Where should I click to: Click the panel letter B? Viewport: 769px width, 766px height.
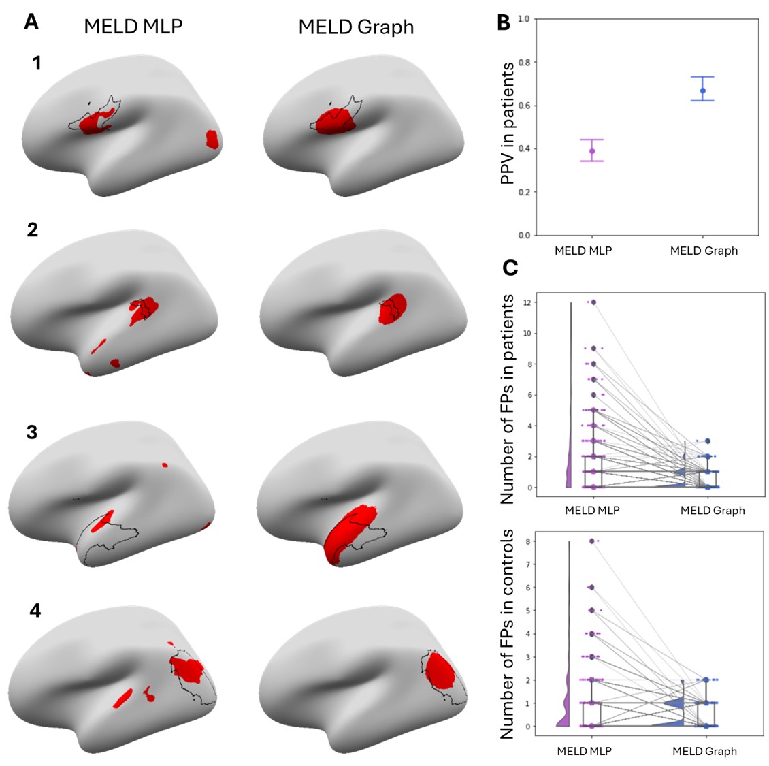point(504,22)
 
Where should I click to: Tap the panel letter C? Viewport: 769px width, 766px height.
point(510,268)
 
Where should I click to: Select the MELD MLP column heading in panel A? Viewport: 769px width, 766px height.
point(133,27)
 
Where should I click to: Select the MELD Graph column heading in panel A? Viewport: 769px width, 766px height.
point(356,27)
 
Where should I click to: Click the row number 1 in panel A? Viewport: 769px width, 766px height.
point(36,63)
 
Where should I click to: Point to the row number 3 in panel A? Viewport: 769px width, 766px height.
point(32,432)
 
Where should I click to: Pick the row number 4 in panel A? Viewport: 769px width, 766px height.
point(35,610)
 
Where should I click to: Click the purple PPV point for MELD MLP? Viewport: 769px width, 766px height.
point(592,151)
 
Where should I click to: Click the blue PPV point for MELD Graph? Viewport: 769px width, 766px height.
point(703,91)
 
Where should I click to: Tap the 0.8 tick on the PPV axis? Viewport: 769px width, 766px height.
point(523,63)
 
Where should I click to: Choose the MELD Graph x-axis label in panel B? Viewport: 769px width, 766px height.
point(704,251)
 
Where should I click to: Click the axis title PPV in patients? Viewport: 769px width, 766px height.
point(507,123)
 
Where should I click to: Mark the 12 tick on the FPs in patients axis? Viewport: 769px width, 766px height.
point(527,302)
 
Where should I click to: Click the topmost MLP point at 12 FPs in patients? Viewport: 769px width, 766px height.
point(593,302)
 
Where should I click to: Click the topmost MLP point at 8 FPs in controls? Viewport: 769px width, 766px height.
point(592,541)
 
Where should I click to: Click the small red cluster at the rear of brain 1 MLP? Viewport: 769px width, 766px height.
point(212,139)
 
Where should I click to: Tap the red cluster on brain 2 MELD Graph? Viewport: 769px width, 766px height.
point(393,308)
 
